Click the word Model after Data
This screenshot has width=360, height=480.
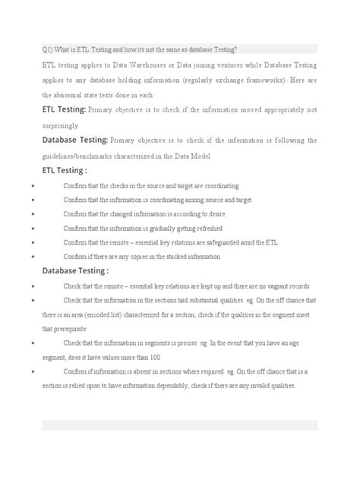(x=199, y=155)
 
